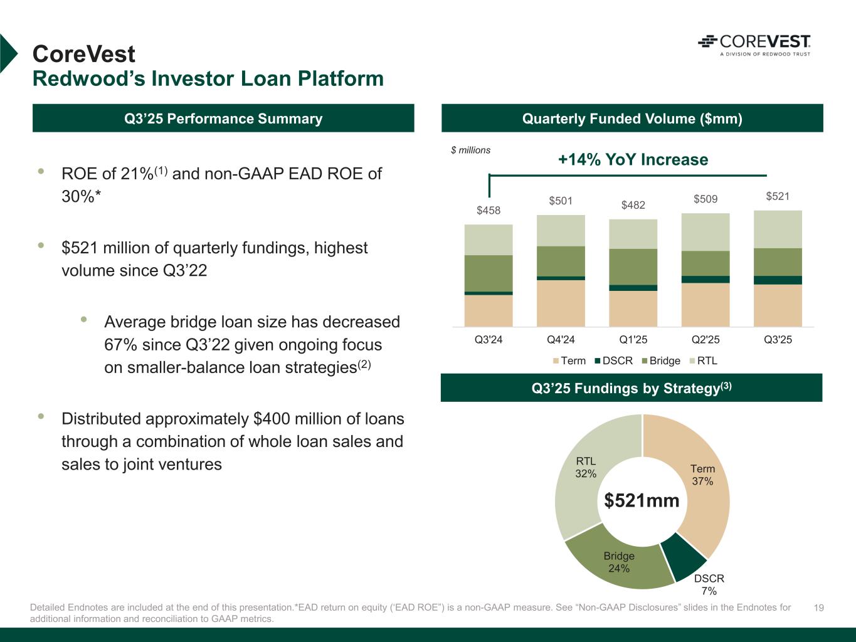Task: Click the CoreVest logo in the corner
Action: (x=754, y=45)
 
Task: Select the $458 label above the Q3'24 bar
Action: (x=489, y=211)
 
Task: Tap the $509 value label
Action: (x=705, y=199)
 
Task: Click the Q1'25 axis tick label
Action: (x=633, y=340)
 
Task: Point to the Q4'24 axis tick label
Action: (x=561, y=340)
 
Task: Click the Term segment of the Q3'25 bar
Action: (x=778, y=305)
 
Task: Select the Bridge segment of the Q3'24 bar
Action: (x=489, y=273)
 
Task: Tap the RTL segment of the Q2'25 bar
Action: (x=705, y=232)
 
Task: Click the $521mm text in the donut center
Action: (x=642, y=500)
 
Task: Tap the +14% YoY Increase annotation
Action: (x=633, y=160)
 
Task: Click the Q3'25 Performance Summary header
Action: (x=223, y=118)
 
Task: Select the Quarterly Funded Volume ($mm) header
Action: (x=632, y=118)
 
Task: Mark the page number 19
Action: (x=818, y=608)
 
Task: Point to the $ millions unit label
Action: (x=471, y=150)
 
